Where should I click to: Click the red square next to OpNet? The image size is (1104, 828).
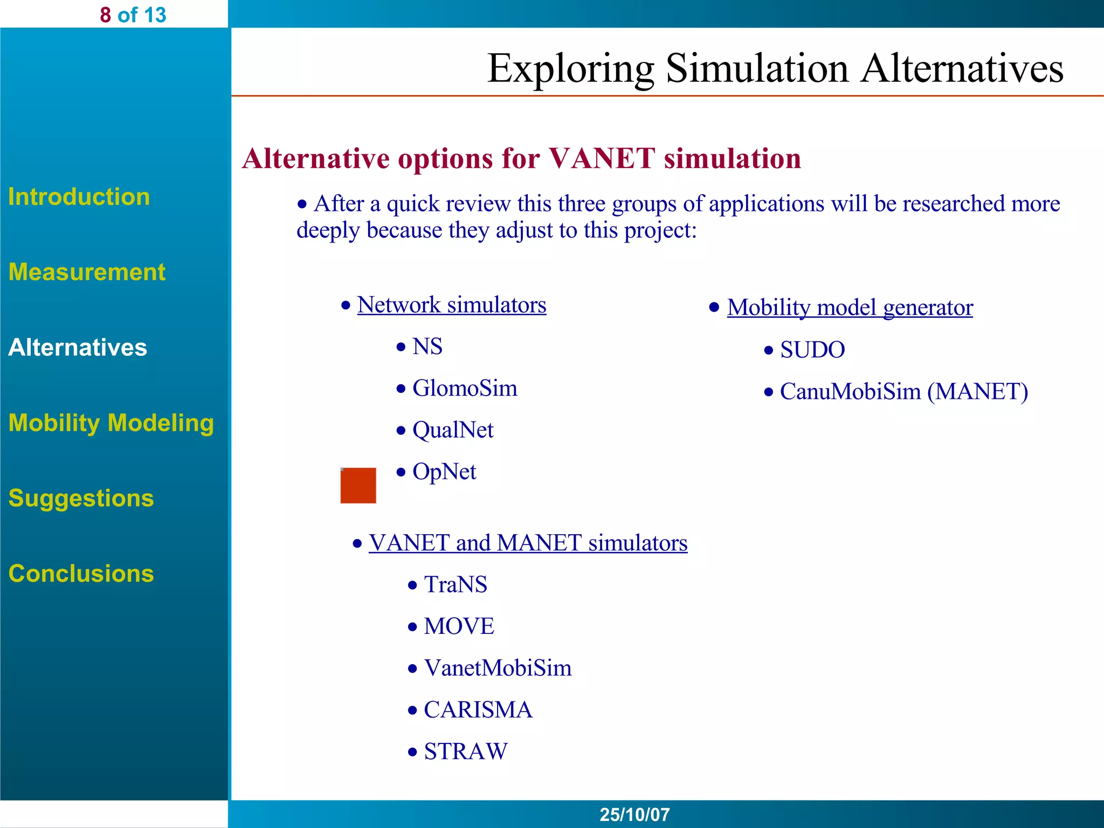coord(358,485)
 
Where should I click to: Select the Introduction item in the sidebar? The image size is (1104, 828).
coord(79,197)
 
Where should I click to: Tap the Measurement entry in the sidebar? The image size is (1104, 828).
coord(87,272)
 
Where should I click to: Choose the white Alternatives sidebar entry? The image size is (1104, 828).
coord(78,348)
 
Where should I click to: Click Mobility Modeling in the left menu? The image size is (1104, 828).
coord(111,423)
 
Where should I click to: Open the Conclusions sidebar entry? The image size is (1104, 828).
coord(81,574)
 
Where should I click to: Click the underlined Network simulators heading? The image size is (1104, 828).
coord(451,305)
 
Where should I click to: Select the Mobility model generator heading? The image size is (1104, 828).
coord(850,308)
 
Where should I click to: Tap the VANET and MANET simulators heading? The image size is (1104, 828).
coord(528,543)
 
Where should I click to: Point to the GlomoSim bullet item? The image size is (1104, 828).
coord(464,389)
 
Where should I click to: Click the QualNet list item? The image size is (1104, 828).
coord(452,430)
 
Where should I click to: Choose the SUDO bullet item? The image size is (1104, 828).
coord(812,350)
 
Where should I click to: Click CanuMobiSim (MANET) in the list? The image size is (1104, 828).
coord(903,392)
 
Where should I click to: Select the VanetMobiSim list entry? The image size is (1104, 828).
coord(497,668)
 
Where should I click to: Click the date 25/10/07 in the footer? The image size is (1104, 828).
coord(634,815)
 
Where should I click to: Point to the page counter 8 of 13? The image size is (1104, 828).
coord(133,15)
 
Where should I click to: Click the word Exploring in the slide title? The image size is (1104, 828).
coord(570,69)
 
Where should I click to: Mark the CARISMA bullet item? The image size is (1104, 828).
coord(478,710)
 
